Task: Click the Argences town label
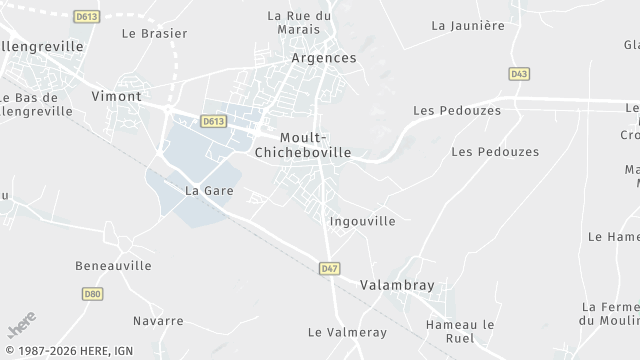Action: pyautogui.click(x=323, y=58)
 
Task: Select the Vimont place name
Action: pyautogui.click(x=115, y=97)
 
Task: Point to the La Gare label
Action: pyautogui.click(x=208, y=190)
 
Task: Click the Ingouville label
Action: pyautogui.click(x=362, y=220)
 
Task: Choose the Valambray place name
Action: pyautogui.click(x=397, y=285)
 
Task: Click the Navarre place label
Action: pyautogui.click(x=158, y=321)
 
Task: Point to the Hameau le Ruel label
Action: pyautogui.click(x=460, y=331)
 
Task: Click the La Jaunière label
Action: pyautogui.click(x=467, y=25)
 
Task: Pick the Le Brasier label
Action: pyautogui.click(x=154, y=33)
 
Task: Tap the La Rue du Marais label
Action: pyautogui.click(x=299, y=22)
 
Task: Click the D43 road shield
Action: pyautogui.click(x=518, y=74)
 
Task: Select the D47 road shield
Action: pyautogui.click(x=330, y=268)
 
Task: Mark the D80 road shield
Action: pyautogui.click(x=92, y=294)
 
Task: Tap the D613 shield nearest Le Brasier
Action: pyautogui.click(x=86, y=17)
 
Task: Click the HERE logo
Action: pyautogui.click(x=21, y=329)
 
